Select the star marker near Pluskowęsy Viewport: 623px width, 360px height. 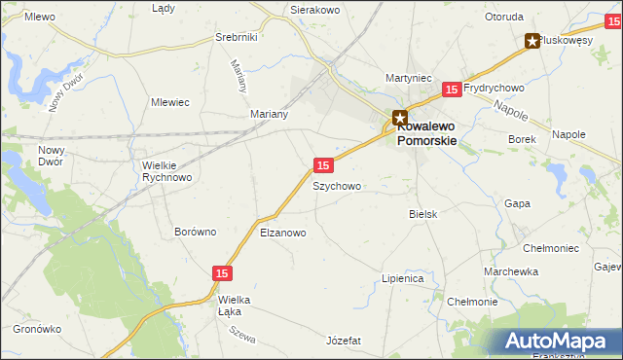pyautogui.click(x=532, y=41)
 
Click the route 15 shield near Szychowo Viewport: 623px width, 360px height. pyautogui.click(x=324, y=165)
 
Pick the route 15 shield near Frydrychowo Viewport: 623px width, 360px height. pyautogui.click(x=451, y=90)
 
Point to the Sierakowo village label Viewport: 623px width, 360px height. pyautogui.click(x=313, y=10)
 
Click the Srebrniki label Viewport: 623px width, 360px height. pyautogui.click(x=236, y=37)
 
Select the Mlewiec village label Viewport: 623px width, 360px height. pyautogui.click(x=169, y=101)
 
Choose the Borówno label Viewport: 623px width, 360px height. pyautogui.click(x=195, y=232)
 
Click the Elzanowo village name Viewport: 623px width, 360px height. pyautogui.click(x=283, y=233)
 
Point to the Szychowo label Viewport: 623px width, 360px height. pyautogui.click(x=337, y=186)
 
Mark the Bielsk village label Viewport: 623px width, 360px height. pyautogui.click(x=423, y=213)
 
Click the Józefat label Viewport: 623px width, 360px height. pyautogui.click(x=345, y=341)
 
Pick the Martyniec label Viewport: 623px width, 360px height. pyautogui.click(x=408, y=78)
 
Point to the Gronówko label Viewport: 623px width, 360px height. pyautogui.click(x=38, y=329)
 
